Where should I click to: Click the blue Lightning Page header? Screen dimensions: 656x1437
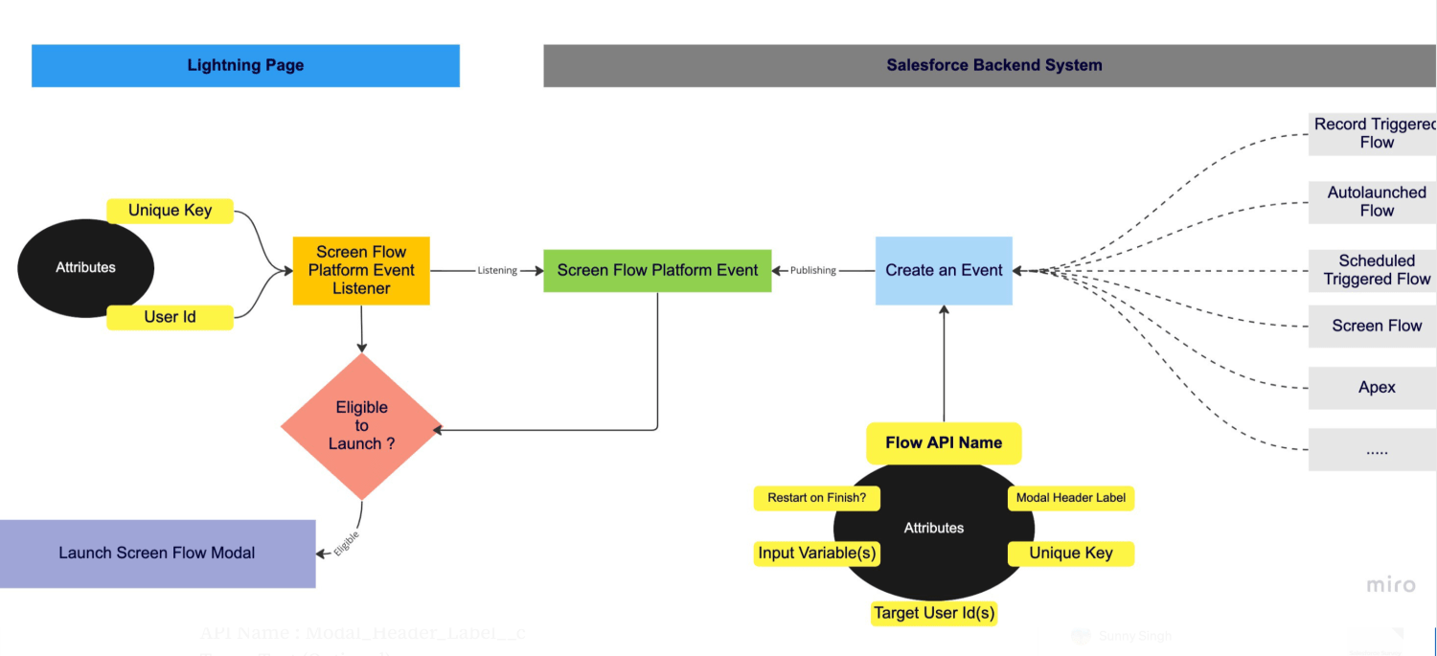[245, 65]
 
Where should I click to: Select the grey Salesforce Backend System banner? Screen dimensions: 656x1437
[993, 65]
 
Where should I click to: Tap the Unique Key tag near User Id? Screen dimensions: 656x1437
[170, 211]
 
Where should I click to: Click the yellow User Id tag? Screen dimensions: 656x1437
[170, 317]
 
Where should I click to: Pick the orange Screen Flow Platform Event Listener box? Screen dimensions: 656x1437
[361, 270]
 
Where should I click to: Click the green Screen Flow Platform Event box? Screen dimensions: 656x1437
[657, 270]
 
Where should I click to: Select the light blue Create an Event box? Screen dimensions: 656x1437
[944, 270]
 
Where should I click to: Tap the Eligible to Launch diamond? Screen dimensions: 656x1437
[361, 426]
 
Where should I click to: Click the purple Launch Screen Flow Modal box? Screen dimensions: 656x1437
[157, 553]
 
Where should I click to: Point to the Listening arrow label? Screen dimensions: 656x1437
[497, 271]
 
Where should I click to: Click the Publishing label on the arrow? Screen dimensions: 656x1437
[812, 271]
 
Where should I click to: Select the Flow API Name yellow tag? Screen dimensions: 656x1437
[944, 442]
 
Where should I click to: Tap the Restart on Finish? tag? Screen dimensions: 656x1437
[816, 498]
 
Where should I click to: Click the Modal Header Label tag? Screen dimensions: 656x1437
[1070, 498]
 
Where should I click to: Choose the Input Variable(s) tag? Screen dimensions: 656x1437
[816, 553]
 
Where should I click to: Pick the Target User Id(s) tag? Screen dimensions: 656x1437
[934, 612]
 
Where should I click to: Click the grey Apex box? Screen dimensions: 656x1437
[1376, 388]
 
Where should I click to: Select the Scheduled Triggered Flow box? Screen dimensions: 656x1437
[1376, 270]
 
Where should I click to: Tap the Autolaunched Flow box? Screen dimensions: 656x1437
[1376, 202]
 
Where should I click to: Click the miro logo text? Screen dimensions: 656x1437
[1390, 584]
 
